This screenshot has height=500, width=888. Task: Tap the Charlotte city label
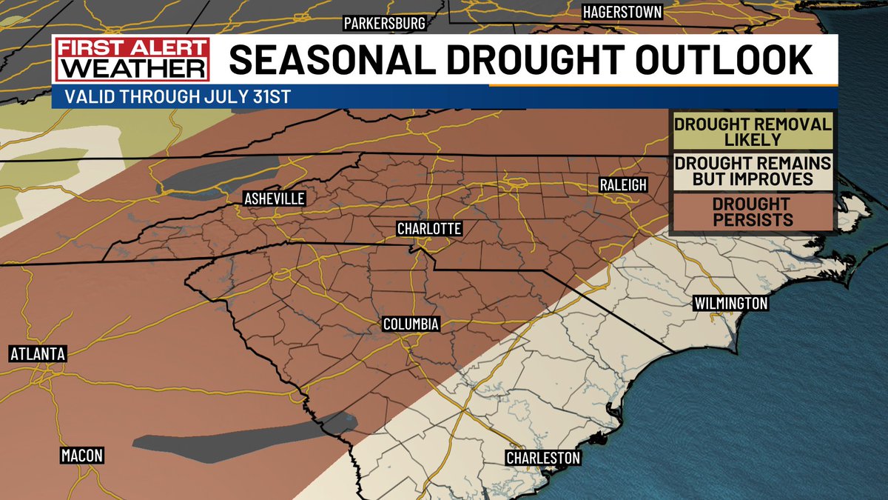[429, 229]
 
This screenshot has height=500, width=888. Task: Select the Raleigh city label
[622, 184]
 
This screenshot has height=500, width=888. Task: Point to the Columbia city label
[411, 324]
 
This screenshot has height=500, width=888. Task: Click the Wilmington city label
[730, 303]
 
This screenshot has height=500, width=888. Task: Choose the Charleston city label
[542, 458]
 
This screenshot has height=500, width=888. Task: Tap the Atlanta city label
[38, 354]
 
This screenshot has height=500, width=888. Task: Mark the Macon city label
[81, 455]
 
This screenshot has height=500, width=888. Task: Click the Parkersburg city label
[384, 24]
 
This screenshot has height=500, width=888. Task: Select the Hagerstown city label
[622, 12]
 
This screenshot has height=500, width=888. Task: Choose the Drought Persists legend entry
[750, 212]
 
